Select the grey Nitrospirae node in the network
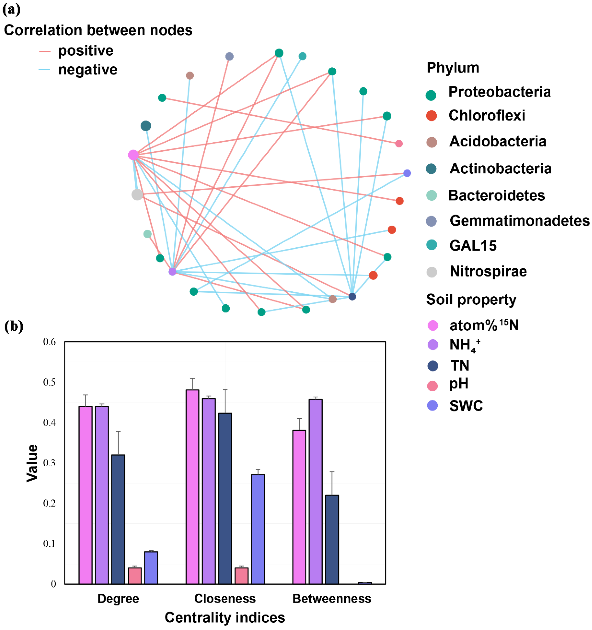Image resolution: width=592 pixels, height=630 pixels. coord(137,194)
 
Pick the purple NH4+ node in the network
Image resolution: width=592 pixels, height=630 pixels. coord(172,272)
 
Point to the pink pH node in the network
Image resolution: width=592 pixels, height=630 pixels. coord(399,144)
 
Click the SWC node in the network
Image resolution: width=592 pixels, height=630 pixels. coord(407,173)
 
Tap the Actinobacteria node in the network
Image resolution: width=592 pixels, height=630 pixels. coord(146,126)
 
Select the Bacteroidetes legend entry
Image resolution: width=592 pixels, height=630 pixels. coord(496,195)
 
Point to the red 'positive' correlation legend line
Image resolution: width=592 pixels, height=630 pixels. coord(45,51)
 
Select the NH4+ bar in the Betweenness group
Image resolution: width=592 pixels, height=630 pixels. coord(316,491)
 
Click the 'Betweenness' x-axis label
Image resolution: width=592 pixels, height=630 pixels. coord(331,599)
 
